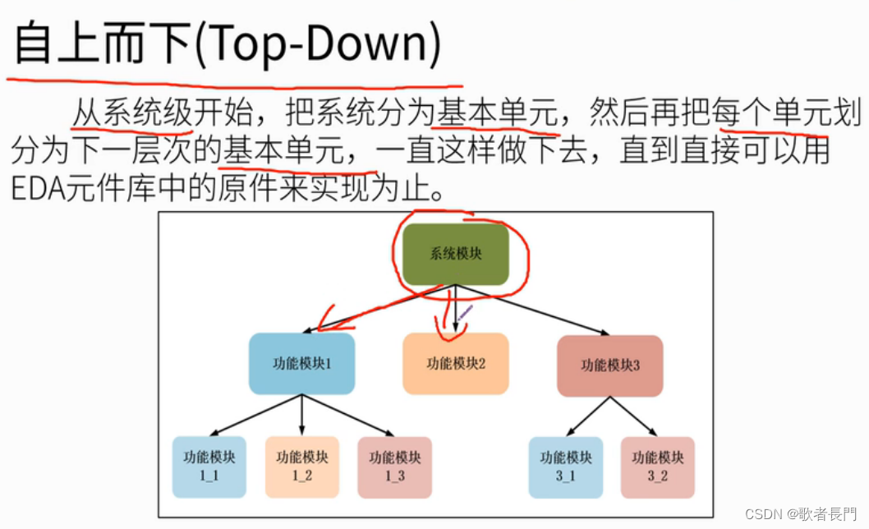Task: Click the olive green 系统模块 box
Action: [457, 254]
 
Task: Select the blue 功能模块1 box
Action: [301, 363]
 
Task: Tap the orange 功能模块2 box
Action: [456, 363]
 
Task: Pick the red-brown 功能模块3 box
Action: [609, 366]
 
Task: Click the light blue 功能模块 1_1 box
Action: [209, 467]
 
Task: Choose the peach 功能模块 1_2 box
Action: [301, 467]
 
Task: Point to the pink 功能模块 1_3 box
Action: [394, 467]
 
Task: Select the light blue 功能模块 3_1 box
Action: [565, 467]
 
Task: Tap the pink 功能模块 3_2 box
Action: [657, 467]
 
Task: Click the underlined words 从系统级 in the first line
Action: [131, 113]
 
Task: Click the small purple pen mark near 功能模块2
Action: [465, 313]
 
